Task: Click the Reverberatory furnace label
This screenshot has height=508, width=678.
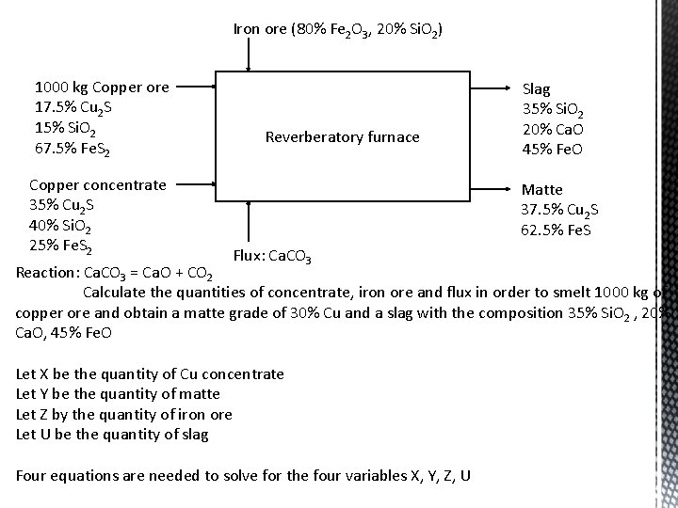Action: (343, 137)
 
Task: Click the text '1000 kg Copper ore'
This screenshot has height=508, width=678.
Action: (102, 87)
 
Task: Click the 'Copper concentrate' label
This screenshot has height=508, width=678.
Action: (98, 185)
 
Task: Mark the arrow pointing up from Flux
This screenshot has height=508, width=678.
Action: (249, 221)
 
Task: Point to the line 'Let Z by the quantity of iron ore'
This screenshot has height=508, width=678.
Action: (124, 415)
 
